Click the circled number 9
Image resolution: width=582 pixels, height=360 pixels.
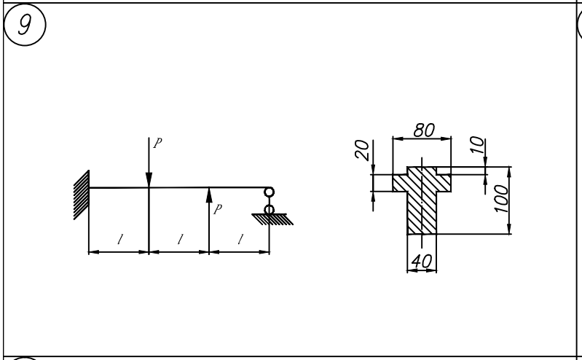point(25,25)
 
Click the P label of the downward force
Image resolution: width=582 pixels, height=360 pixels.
point(158,143)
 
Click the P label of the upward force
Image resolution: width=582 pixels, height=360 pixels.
point(218,209)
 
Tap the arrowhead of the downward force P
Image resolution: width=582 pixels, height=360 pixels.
point(149,180)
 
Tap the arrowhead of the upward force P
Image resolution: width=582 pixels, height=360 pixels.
point(209,195)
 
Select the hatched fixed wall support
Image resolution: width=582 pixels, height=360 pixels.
point(82,195)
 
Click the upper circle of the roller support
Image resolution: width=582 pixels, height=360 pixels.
point(269,192)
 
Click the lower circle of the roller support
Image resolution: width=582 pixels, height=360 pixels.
point(269,210)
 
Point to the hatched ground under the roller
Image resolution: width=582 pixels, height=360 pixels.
point(273,219)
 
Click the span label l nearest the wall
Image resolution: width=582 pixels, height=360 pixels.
point(119,239)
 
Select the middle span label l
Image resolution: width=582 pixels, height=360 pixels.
point(180,239)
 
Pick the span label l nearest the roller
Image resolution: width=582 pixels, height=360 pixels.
point(240,239)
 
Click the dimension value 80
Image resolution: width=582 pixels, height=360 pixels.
point(424,130)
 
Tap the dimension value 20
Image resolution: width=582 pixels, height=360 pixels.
point(363,149)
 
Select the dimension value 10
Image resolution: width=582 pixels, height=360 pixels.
point(477,145)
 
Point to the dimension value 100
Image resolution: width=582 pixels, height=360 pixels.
point(501,199)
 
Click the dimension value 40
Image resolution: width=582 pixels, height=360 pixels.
point(422,261)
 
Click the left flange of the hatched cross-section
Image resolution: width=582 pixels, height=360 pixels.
point(400,183)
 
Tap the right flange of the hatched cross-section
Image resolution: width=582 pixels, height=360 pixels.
point(444,183)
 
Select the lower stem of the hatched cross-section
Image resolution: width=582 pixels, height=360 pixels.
point(422,213)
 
